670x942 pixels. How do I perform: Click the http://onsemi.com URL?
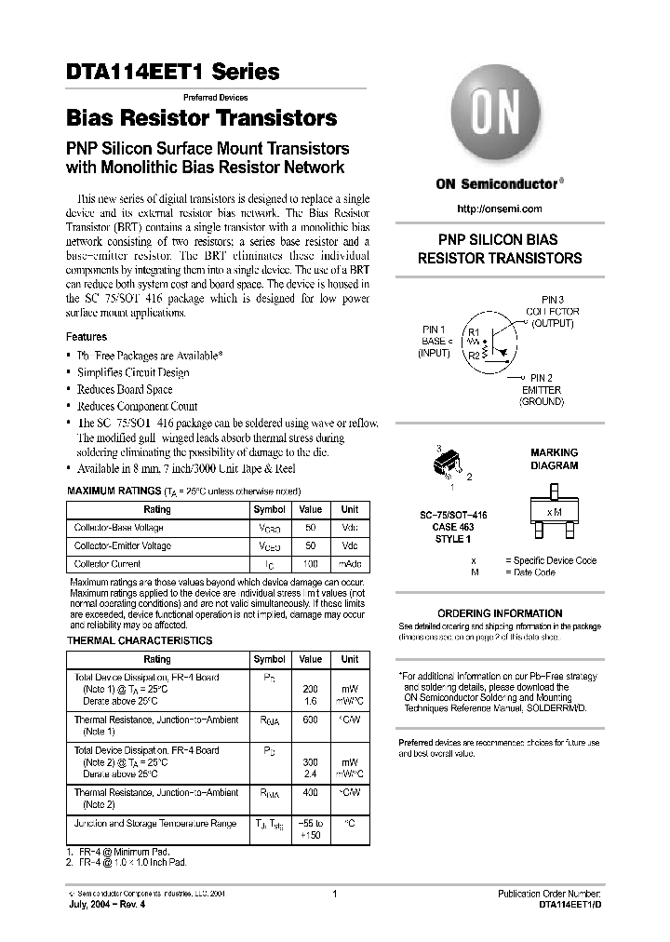501,209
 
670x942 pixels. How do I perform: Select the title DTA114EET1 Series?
172,71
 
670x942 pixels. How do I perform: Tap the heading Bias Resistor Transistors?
201,119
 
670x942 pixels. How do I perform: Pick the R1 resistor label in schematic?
473,331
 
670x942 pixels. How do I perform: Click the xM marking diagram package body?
554,513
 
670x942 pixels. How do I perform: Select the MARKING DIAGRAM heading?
554,459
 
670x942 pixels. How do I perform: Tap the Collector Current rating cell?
108,564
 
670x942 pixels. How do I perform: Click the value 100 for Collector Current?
310,564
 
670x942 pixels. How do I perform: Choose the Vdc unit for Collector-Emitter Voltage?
349,546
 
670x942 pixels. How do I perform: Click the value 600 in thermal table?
310,719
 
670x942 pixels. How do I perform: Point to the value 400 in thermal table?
310,792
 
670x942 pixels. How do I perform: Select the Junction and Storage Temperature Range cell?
154,824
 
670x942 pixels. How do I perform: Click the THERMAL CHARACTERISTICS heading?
140,640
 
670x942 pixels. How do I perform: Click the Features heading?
87,337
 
